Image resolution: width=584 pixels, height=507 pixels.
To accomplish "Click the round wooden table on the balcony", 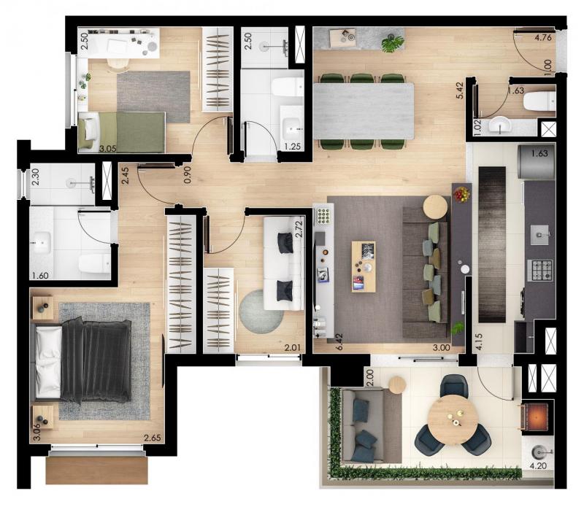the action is pyautogui.click(x=453, y=419).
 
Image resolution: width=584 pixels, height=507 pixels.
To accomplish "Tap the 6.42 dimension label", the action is pyautogui.click(x=339, y=341).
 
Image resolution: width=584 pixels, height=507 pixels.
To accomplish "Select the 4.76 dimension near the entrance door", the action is pyautogui.click(x=542, y=38).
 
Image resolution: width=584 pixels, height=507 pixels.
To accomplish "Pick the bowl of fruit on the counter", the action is pyautogui.click(x=462, y=194).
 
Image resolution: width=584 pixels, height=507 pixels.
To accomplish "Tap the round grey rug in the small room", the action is pyautogui.click(x=261, y=311).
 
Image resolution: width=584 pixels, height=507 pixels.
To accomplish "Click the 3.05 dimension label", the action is pyautogui.click(x=108, y=149).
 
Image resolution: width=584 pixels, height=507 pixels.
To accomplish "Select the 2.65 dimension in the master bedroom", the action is pyautogui.click(x=153, y=438).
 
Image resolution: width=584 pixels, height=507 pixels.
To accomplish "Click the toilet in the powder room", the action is pyautogui.click(x=539, y=101).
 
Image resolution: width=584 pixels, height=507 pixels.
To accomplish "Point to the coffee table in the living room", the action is pyautogui.click(x=364, y=266).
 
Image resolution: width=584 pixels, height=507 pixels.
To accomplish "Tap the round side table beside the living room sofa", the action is pyautogui.click(x=435, y=207).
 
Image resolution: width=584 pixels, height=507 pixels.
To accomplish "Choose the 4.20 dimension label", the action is pyautogui.click(x=537, y=465).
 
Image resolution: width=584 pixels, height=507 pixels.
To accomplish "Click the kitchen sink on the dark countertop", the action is pyautogui.click(x=539, y=235).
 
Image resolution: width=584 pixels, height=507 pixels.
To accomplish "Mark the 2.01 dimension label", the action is pyautogui.click(x=293, y=349).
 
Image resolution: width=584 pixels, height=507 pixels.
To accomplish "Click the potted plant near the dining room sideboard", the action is pyautogui.click(x=392, y=42).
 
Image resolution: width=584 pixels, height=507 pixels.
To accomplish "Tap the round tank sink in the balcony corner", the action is pyautogui.click(x=538, y=452).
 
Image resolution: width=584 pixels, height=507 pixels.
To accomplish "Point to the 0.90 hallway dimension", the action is pyautogui.click(x=188, y=174).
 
